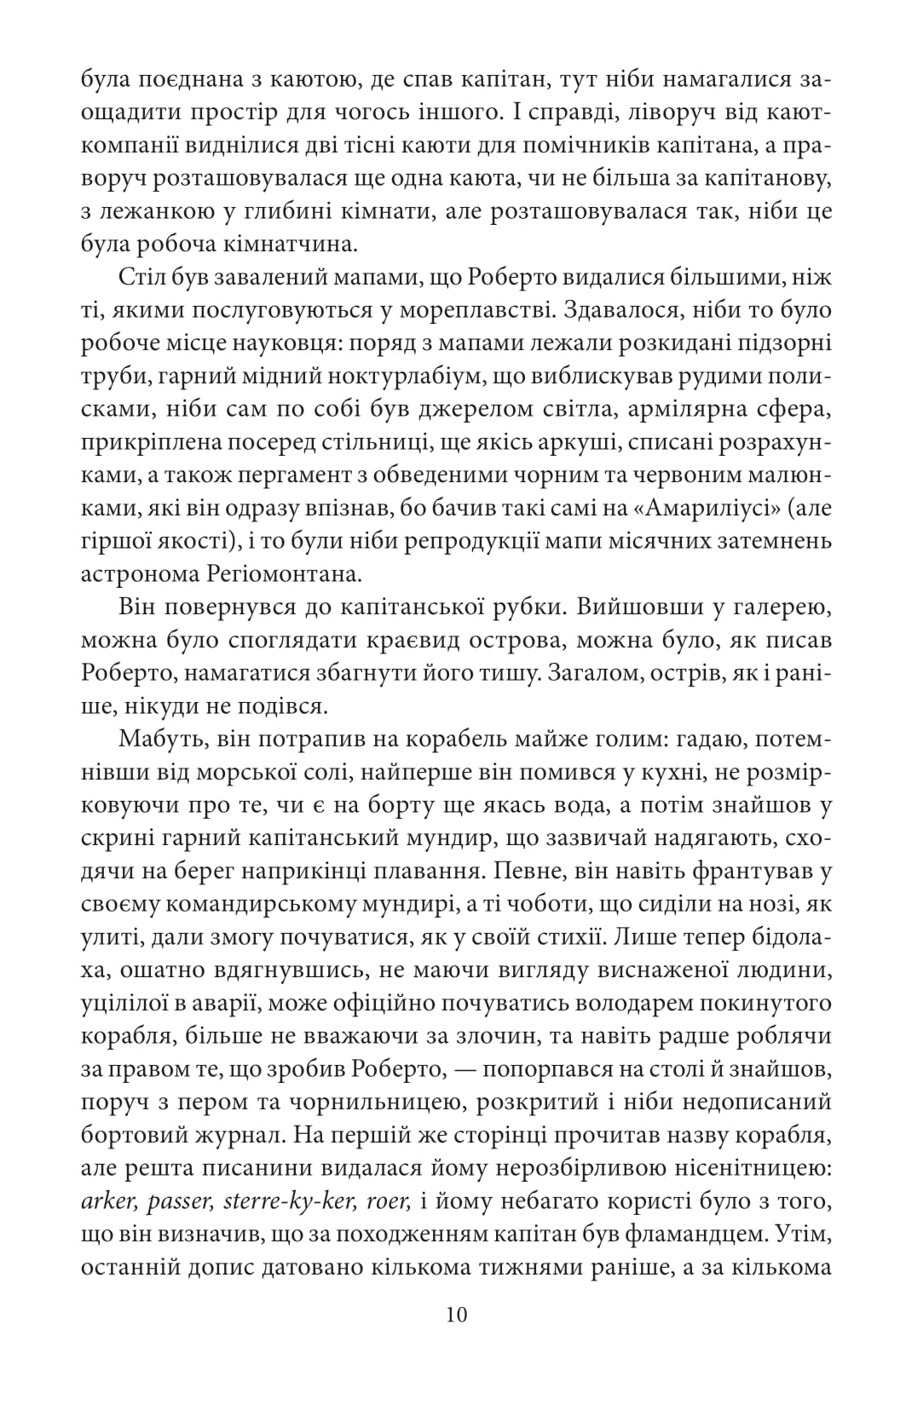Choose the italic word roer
pos(390,1201)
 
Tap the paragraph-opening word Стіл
pos(141,278)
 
